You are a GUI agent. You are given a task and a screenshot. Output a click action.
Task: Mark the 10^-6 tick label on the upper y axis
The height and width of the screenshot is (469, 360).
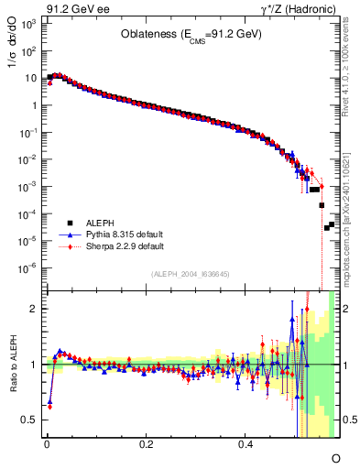click(29, 267)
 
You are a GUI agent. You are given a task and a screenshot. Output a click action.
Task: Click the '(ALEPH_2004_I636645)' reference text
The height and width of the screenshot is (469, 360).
click(190, 273)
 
